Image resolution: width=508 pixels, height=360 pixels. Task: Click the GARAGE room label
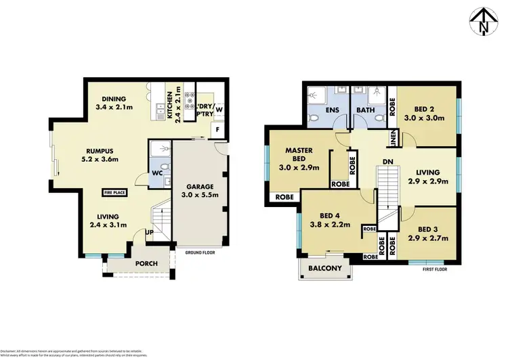(196, 185)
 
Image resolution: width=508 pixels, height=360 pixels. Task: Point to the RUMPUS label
(100, 151)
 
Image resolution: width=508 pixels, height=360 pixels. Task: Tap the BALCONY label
(326, 268)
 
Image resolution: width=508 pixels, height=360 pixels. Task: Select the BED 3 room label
(429, 229)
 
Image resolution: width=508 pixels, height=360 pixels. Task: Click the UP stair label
(148, 232)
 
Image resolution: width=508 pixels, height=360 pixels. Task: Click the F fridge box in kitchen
(217, 128)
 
